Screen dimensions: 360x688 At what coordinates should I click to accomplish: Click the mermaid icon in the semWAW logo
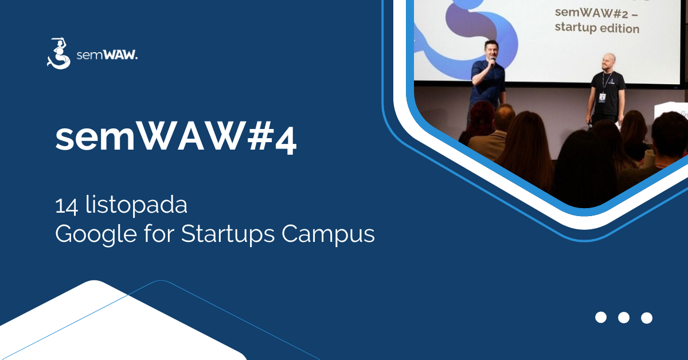click(58, 53)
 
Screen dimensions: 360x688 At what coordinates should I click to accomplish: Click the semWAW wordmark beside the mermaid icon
click(107, 56)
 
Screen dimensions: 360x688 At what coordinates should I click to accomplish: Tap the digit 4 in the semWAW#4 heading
click(284, 139)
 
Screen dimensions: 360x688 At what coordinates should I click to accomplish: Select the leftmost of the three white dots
click(601, 318)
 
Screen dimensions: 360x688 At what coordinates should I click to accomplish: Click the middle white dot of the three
click(624, 318)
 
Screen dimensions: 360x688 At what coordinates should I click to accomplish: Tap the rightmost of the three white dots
click(647, 318)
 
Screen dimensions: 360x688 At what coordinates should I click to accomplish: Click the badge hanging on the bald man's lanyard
click(602, 98)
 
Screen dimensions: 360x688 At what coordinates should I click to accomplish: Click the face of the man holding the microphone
click(490, 52)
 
